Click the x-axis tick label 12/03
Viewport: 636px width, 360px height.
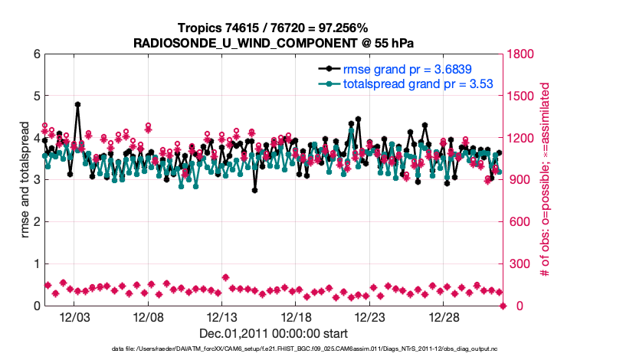[75, 317]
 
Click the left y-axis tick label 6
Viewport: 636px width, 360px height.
[36, 54]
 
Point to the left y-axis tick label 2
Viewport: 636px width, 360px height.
[36, 222]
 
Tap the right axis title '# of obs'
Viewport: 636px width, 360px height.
[546, 180]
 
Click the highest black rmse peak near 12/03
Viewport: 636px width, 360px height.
[77, 104]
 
